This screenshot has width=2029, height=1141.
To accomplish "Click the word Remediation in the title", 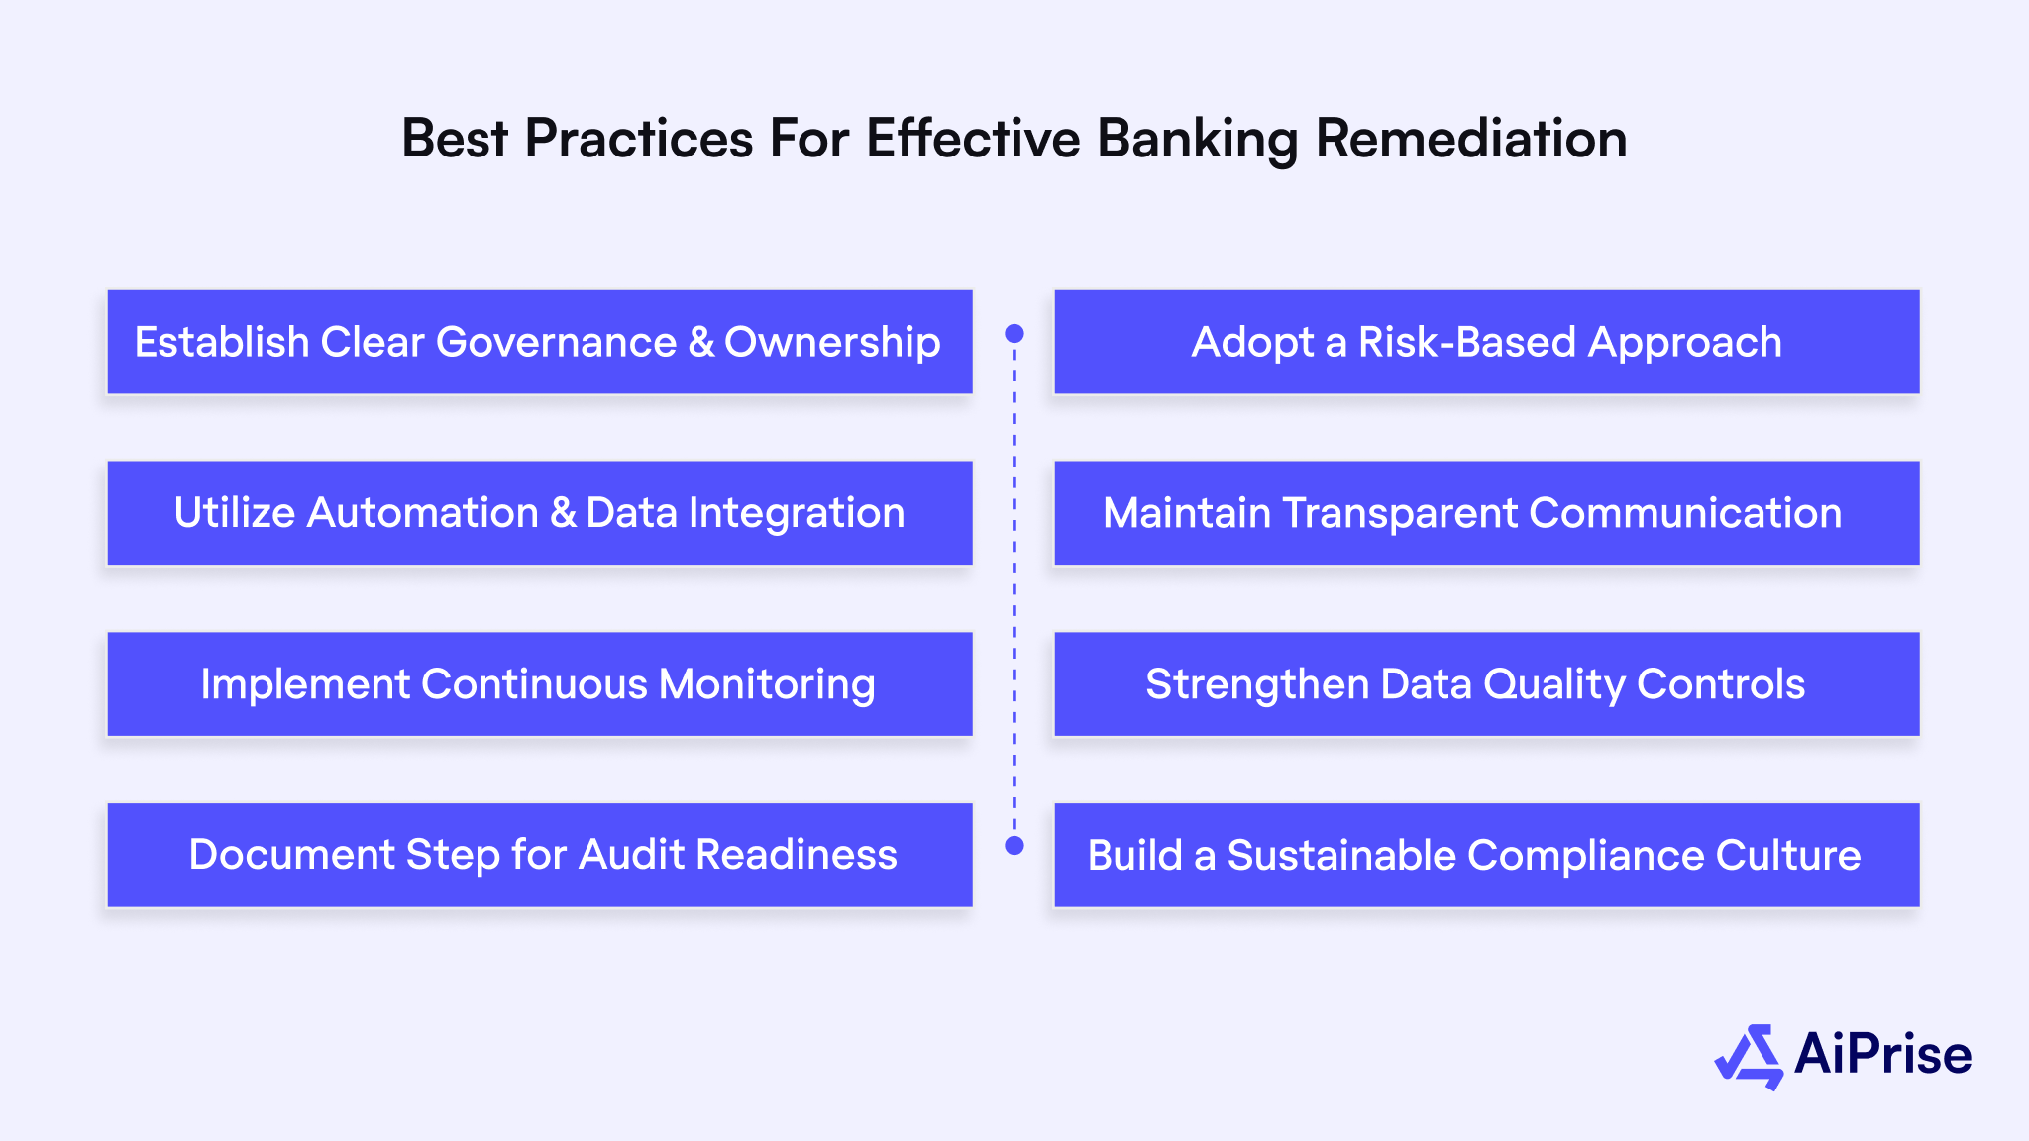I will click(x=1470, y=139).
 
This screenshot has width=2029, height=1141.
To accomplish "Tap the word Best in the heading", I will click(x=454, y=139).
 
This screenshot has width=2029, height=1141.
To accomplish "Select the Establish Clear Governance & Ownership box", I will click(x=539, y=342).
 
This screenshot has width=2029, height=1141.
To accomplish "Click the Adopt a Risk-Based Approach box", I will click(x=1486, y=342).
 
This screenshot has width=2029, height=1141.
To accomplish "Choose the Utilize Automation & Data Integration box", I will click(x=539, y=513).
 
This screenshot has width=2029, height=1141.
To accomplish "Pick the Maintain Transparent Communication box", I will click(x=1486, y=513).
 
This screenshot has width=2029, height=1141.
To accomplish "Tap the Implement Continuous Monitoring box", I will click(x=539, y=684).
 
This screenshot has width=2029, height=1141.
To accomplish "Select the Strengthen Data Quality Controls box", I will click(x=1486, y=684).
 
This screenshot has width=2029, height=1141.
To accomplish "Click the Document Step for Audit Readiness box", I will click(x=539, y=855).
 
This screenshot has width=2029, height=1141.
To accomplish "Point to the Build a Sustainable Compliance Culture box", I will click(x=1486, y=855).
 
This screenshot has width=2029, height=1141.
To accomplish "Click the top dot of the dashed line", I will click(x=1014, y=333).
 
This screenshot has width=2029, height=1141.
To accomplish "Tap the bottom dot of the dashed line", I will click(x=1014, y=845).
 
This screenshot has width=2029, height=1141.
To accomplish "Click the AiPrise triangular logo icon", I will click(x=1750, y=1056).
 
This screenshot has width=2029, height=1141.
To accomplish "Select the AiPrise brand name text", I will click(x=1882, y=1054).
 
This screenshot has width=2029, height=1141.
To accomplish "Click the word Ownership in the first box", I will click(x=832, y=343).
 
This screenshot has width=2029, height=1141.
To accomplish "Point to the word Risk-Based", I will click(x=1466, y=343).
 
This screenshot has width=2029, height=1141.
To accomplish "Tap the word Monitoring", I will click(x=767, y=684).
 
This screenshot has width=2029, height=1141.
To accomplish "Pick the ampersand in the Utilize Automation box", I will click(x=562, y=513).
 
